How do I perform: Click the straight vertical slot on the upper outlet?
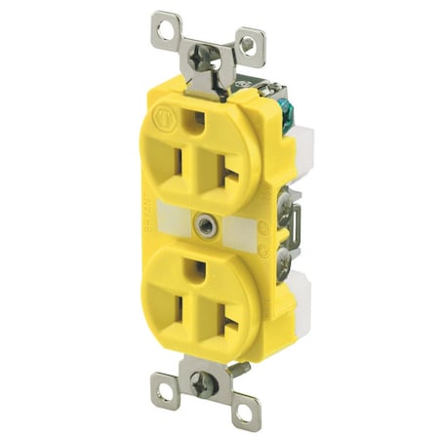(x=177, y=161)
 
